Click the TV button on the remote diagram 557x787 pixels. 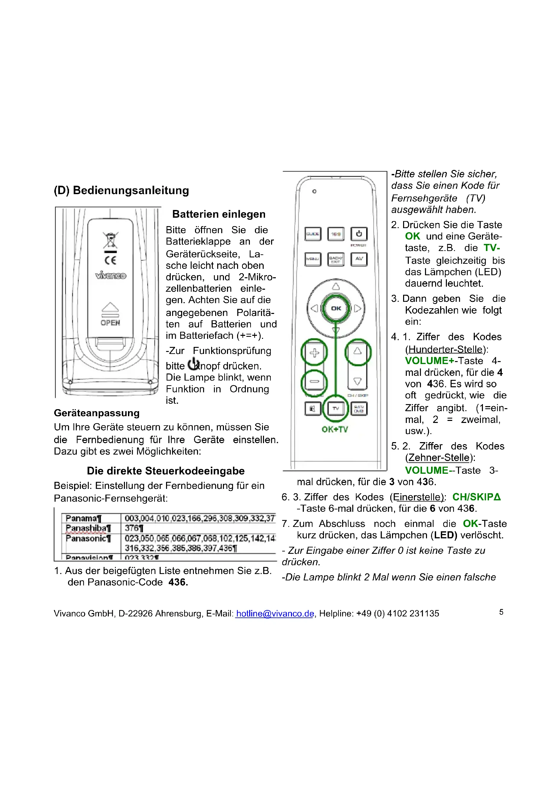point(335,408)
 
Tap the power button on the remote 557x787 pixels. point(359,234)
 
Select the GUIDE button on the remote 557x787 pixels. point(313,234)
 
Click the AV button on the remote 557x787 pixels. point(359,259)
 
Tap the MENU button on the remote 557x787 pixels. point(313,259)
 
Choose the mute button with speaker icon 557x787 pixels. point(313,408)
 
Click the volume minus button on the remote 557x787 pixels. point(314,382)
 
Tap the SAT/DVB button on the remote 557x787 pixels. point(359,408)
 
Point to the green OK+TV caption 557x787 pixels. point(335,429)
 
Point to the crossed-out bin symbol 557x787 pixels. point(110,240)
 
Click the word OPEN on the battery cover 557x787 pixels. point(110,323)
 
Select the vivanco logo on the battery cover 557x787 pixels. point(110,275)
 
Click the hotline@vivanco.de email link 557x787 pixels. point(275,613)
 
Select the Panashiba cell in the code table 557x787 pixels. point(88,528)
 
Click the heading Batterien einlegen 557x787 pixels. point(219,214)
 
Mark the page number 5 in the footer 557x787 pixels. point(501,612)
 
